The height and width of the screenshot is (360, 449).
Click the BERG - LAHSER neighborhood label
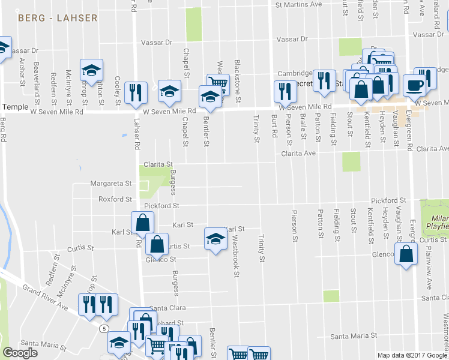[58, 18]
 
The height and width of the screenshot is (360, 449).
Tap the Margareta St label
[111, 184]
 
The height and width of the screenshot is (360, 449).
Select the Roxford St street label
[115, 199]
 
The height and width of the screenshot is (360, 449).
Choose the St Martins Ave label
[298, 5]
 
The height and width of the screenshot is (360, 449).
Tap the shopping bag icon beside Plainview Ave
[406, 254]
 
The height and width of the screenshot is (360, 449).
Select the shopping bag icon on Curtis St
[156, 245]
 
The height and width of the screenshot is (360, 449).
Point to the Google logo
[20, 353]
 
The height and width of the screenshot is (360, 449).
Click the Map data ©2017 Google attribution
[412, 355]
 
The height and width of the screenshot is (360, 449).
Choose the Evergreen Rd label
[408, 129]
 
